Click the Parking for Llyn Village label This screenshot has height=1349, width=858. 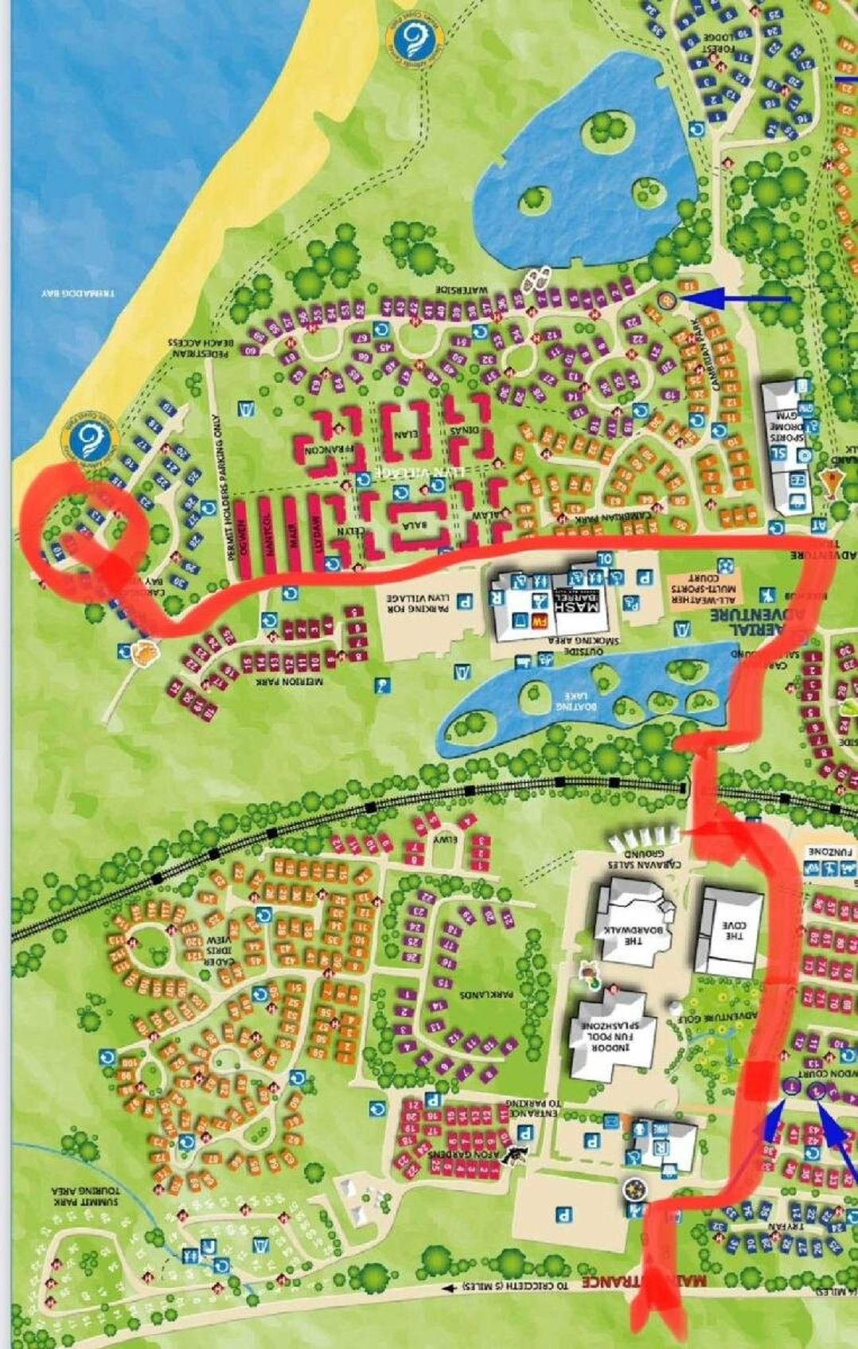(x=416, y=596)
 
